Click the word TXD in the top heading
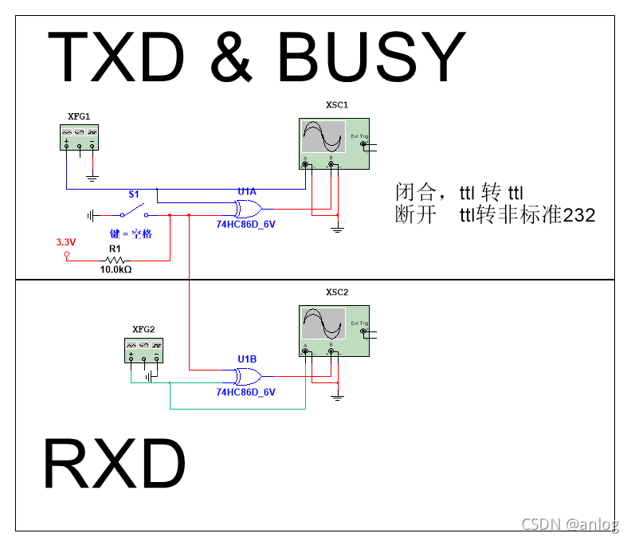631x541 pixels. point(118,57)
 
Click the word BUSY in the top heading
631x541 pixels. point(370,57)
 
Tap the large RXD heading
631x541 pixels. point(115,464)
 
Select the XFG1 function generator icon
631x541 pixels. point(80,137)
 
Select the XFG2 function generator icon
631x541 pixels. point(144,350)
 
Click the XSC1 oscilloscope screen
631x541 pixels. point(323,137)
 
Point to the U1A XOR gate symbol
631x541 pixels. point(247,210)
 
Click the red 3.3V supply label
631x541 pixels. point(65,241)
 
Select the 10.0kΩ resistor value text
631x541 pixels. point(116,270)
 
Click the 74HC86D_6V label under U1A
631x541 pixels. point(246,225)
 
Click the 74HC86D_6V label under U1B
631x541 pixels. point(246,392)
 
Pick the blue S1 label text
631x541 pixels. point(134,194)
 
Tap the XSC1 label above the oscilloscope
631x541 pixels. point(337,105)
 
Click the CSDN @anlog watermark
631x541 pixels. point(570,523)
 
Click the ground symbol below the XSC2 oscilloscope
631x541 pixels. point(337,395)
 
